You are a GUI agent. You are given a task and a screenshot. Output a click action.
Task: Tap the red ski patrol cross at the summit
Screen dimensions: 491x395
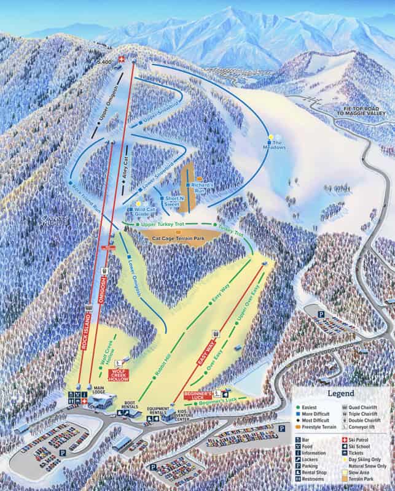coord(121,60)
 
